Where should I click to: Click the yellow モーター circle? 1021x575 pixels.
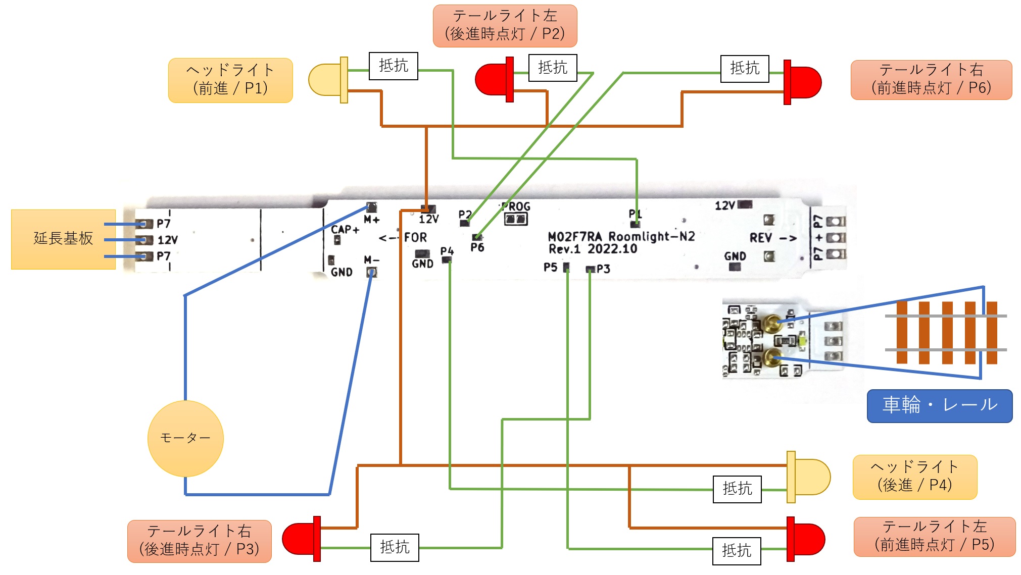coord(185,438)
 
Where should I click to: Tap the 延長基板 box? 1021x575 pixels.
coord(63,239)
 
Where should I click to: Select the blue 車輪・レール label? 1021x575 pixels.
coord(940,405)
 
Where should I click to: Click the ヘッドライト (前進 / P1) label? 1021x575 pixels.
coord(230,80)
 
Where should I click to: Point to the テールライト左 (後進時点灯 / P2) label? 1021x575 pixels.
coord(505,26)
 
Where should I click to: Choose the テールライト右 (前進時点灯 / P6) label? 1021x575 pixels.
coord(931,80)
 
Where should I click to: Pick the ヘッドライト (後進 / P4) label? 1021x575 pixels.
coord(914,477)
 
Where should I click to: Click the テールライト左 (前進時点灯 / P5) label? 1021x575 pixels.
coord(934,536)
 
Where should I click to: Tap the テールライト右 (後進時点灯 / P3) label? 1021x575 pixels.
coord(199,541)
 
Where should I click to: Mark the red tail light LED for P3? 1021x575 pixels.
coord(302,539)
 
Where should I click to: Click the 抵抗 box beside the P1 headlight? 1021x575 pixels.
coord(394,66)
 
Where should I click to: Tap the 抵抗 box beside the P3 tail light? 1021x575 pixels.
coord(395,547)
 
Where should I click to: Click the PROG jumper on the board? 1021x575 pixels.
coord(516,219)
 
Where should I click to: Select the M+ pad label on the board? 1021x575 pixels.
coord(371,220)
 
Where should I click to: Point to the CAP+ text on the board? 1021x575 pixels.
coord(345,230)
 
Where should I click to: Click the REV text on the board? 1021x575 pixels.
coord(760,238)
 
